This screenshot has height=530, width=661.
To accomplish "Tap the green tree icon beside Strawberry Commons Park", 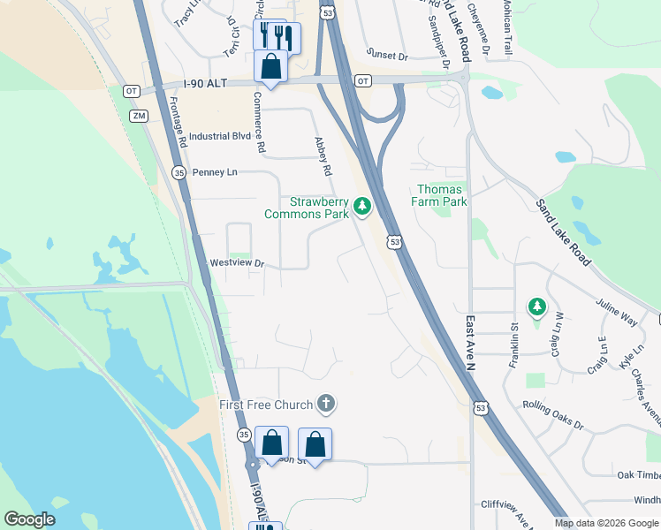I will coord(361,208).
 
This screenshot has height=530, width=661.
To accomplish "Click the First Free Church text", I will coord(266,405).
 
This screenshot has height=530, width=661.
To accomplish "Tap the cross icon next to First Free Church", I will coord(326,405).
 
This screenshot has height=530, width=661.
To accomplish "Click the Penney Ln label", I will coord(215,171).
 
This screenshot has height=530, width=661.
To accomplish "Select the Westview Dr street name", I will coord(237,263).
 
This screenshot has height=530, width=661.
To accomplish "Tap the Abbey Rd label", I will coord(323,155).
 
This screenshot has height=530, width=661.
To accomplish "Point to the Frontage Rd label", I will coord(177,121).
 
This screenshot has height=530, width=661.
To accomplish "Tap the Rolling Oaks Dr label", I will coord(553,413).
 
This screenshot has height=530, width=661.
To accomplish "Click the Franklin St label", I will coord(513,338).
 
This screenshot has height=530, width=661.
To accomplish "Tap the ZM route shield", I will coord(138,116).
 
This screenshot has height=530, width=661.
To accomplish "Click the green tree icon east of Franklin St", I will coord(536,307).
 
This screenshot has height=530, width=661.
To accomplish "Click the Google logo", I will coord(29,519).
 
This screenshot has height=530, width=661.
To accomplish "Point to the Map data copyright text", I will coord(605,523).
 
